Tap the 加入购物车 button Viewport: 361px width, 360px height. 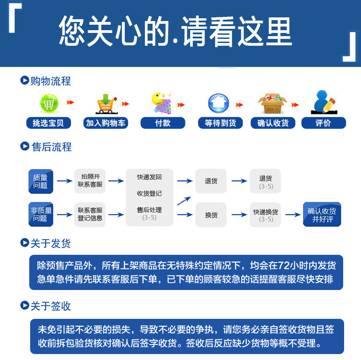(106, 123)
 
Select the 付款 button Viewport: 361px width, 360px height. (163, 123)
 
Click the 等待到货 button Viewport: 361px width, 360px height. (221, 123)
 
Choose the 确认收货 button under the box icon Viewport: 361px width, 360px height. (273, 123)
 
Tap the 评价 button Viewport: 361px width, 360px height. (323, 123)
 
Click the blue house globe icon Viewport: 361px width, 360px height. (218, 103)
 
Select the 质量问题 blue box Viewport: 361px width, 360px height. (41, 181)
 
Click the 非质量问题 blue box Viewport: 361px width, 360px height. (41, 214)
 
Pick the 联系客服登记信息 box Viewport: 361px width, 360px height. (90, 214)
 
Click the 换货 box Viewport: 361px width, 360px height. (211, 215)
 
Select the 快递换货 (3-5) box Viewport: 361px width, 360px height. (265, 215)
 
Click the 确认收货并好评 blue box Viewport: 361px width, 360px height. (322, 215)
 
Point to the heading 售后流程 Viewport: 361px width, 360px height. (51, 147)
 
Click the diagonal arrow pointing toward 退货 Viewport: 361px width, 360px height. (184, 200)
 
